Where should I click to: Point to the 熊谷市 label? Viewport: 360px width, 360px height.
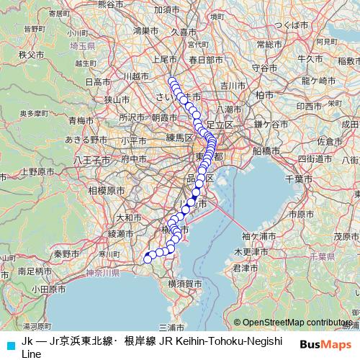[x=111, y=4]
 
